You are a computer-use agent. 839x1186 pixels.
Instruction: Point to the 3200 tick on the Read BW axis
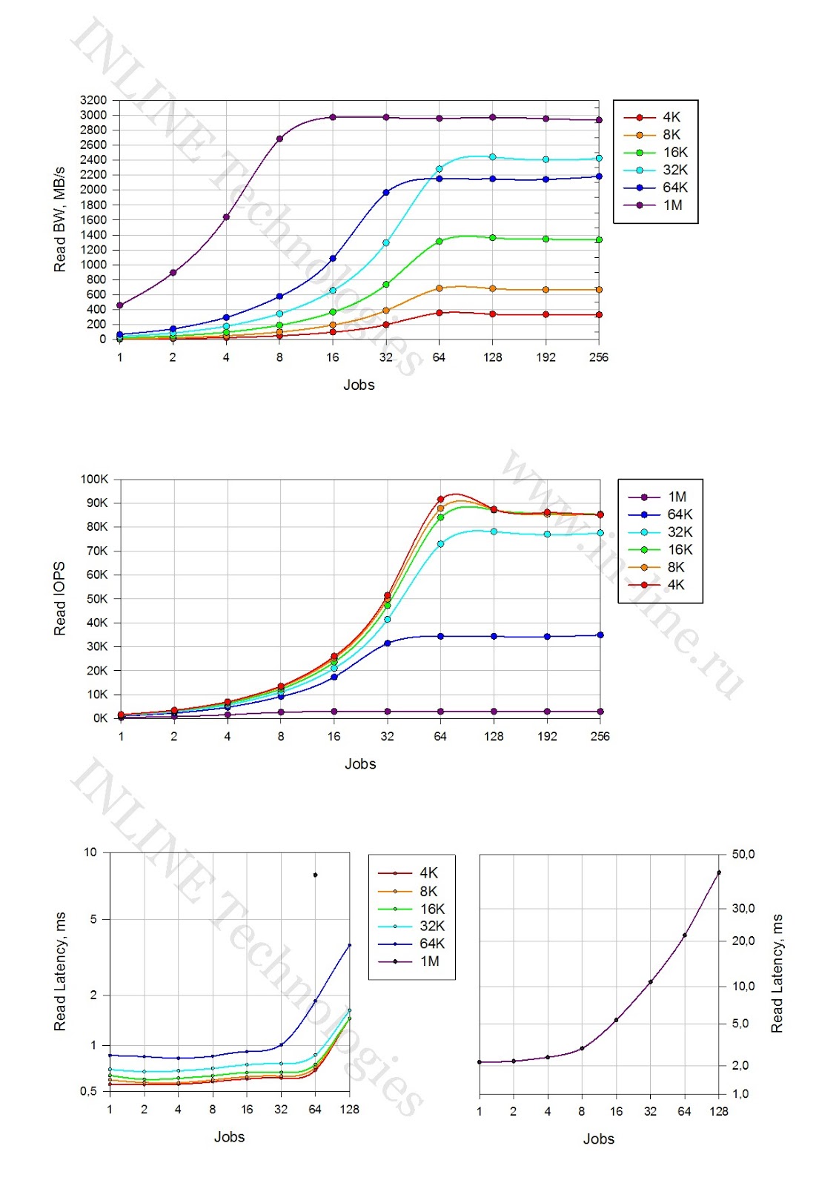pyautogui.click(x=93, y=100)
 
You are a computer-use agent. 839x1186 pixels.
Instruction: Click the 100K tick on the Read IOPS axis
pyautogui.click(x=95, y=480)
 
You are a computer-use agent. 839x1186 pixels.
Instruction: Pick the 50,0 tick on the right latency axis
pyautogui.click(x=743, y=855)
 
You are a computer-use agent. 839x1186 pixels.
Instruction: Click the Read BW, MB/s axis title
pyautogui.click(x=59, y=219)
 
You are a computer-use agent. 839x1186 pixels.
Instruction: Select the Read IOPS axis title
pyautogui.click(x=59, y=598)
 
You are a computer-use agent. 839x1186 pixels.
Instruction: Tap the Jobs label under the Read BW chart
pyautogui.click(x=359, y=385)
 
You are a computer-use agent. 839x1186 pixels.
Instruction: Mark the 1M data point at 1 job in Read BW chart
pyautogui.click(x=120, y=305)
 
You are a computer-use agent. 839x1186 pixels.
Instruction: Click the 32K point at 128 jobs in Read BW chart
pyautogui.click(x=493, y=157)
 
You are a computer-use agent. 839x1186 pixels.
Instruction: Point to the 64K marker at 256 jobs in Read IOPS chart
pyautogui.click(x=600, y=635)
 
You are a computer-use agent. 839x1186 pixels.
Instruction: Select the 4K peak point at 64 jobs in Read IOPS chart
pyautogui.click(x=440, y=500)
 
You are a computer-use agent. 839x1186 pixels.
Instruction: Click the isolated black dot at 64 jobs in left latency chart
pyautogui.click(x=316, y=875)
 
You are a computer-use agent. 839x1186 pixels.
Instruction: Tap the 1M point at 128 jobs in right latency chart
pyautogui.click(x=719, y=873)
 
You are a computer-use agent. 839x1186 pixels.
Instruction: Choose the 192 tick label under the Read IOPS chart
pyautogui.click(x=547, y=736)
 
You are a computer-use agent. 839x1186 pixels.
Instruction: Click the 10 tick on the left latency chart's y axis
pyautogui.click(x=90, y=852)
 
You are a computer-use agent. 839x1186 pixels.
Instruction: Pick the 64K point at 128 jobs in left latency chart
pyautogui.click(x=350, y=945)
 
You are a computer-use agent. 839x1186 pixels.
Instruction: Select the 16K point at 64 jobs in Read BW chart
pyautogui.click(x=440, y=241)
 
